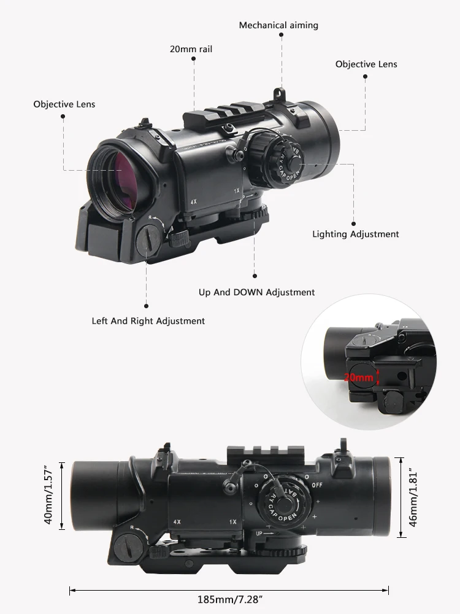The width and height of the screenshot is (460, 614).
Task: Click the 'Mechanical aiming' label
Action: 278,25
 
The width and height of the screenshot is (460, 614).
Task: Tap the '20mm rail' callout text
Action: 191,49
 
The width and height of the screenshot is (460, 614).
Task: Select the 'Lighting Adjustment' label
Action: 356,234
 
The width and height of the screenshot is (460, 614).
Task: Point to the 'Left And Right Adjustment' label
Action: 148,321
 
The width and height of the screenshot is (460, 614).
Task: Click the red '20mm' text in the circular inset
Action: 358,378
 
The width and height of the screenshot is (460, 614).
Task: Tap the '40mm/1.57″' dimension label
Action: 48,495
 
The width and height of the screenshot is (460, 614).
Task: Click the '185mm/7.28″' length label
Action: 229,599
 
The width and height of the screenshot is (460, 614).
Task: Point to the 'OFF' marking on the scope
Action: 317,485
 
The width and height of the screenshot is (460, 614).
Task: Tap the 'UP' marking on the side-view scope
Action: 259,534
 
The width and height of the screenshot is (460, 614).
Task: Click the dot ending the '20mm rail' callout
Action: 194,59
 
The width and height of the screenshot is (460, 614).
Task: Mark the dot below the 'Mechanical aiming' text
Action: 282,35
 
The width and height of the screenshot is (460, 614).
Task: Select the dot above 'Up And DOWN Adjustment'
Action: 255,276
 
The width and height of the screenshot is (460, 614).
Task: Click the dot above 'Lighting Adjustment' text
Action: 354,224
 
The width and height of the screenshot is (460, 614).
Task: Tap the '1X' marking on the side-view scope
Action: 233,522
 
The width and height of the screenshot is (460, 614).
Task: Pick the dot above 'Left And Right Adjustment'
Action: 147,306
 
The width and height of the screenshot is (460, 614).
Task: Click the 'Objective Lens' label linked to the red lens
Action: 64,104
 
